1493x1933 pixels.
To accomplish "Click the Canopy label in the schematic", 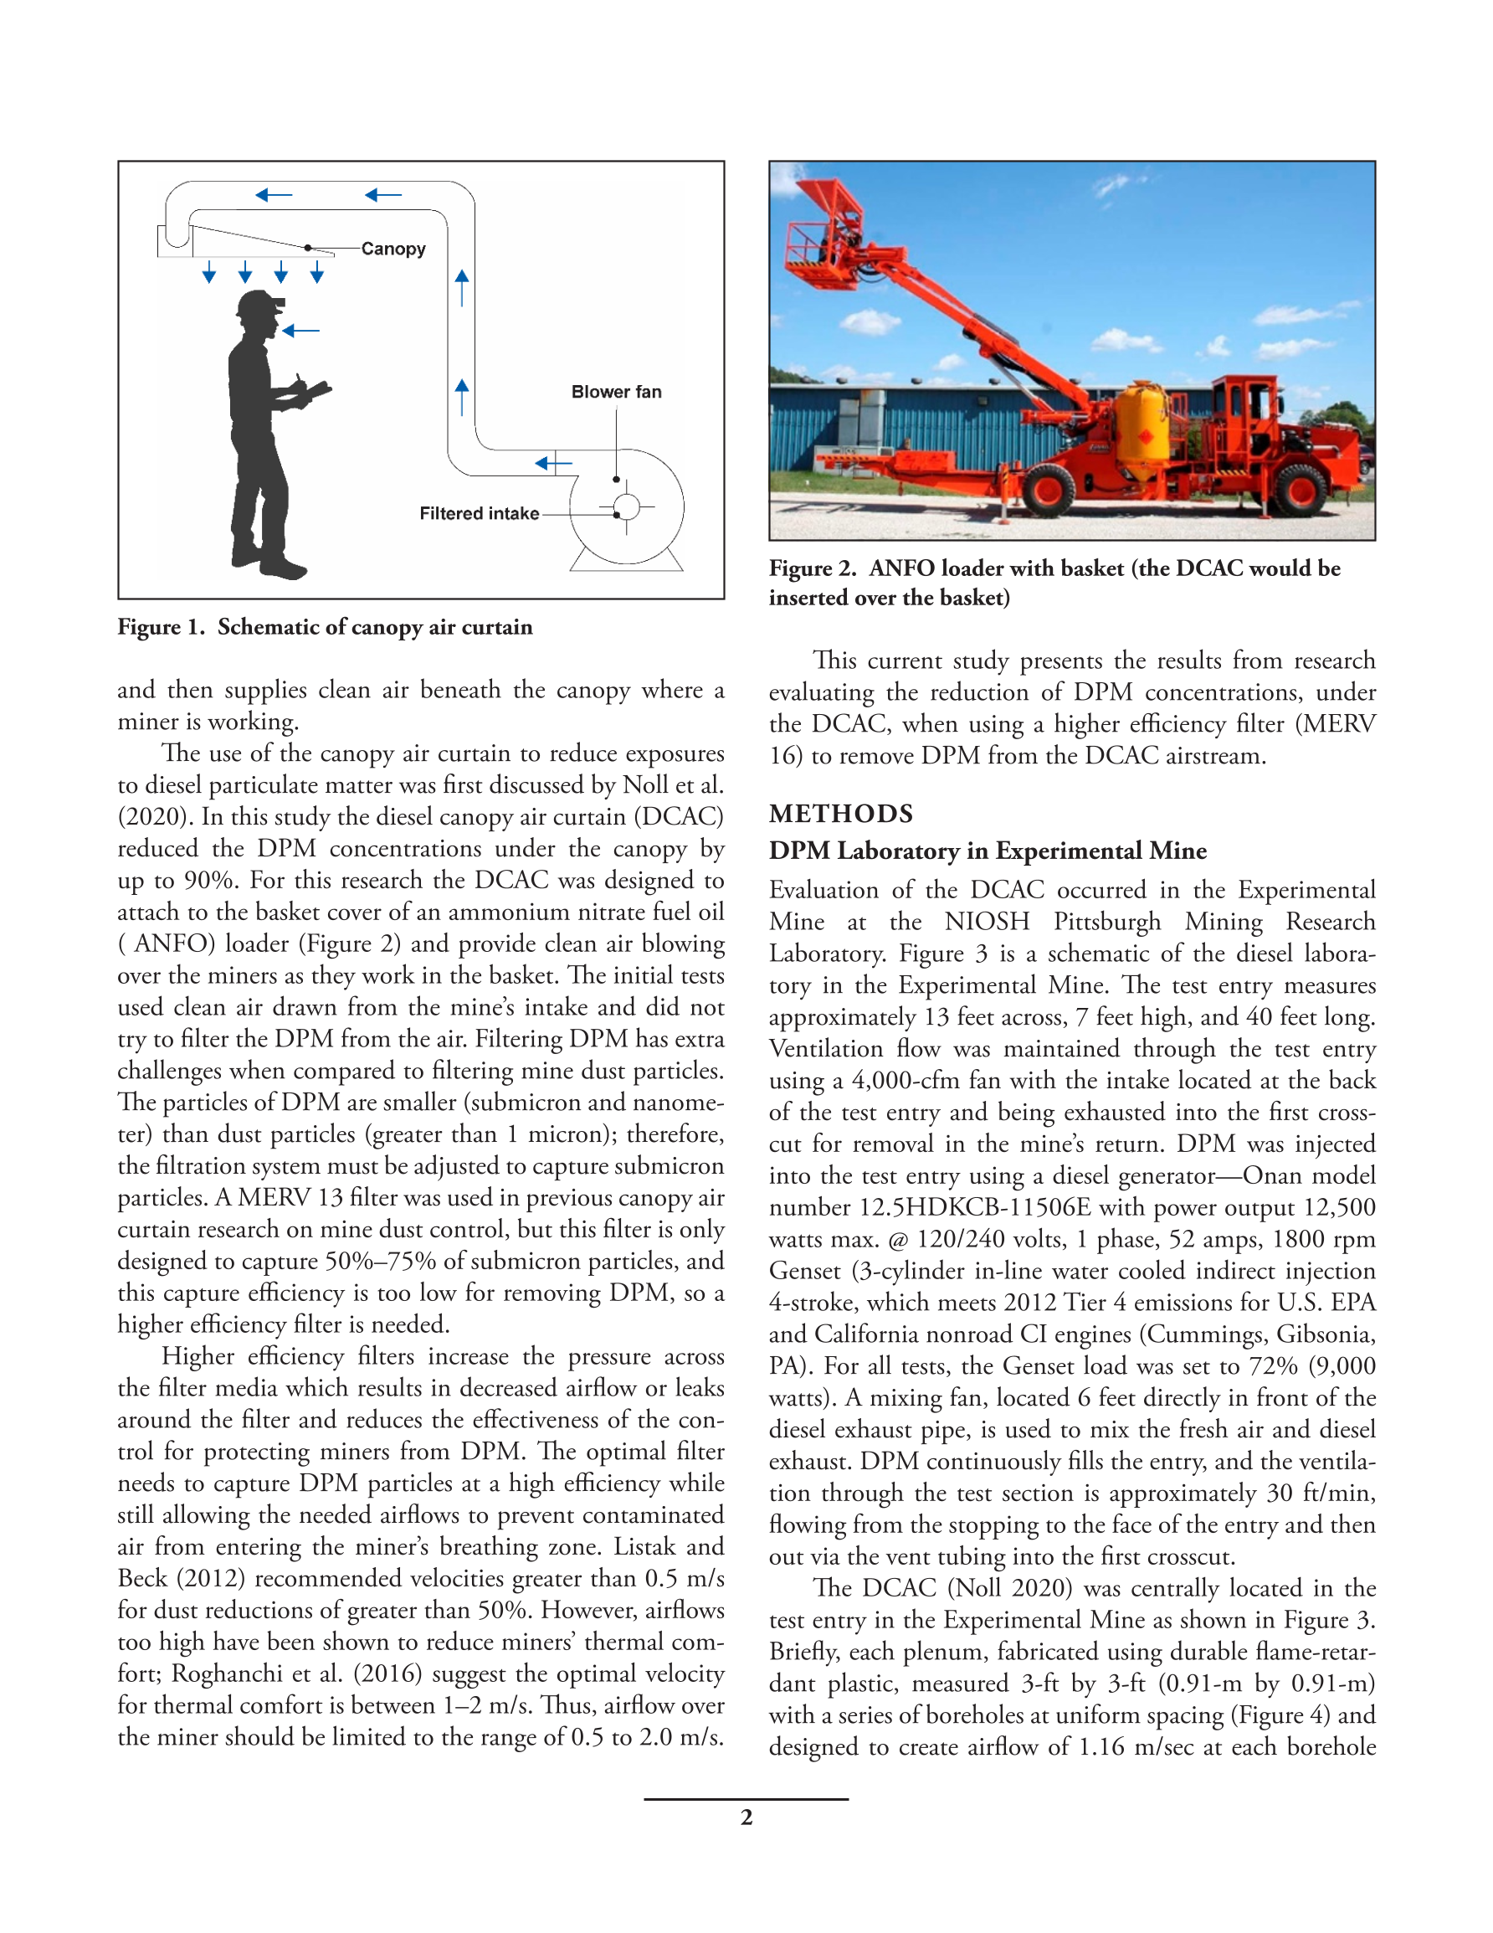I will [x=393, y=249].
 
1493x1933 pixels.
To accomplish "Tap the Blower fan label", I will [x=616, y=391].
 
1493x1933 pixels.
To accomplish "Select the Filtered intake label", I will [x=479, y=513].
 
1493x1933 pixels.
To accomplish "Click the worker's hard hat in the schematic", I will [x=259, y=304].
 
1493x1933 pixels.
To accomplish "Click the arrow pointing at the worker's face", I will [x=301, y=331].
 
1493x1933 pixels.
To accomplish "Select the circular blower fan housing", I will [x=627, y=507].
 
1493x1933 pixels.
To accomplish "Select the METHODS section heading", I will [x=841, y=814].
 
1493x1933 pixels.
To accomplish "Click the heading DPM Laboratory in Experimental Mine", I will [x=988, y=851].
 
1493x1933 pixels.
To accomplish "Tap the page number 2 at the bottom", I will [x=746, y=1817].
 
